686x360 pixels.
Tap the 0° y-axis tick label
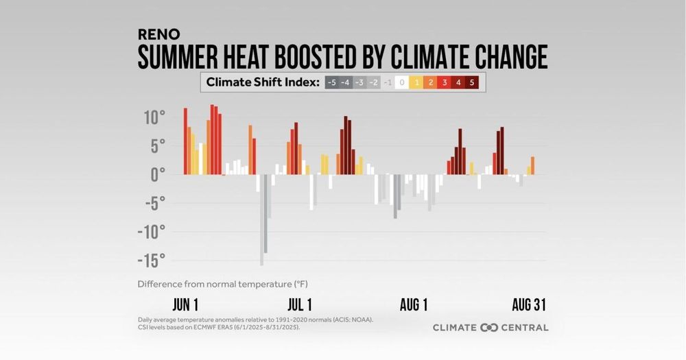(157, 174)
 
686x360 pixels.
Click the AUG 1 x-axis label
(414, 305)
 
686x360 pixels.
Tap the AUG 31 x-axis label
(528, 305)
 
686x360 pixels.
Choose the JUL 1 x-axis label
(300, 305)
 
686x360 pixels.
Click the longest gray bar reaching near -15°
(261, 219)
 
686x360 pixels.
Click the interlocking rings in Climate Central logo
(489, 328)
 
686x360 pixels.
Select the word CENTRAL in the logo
(525, 328)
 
